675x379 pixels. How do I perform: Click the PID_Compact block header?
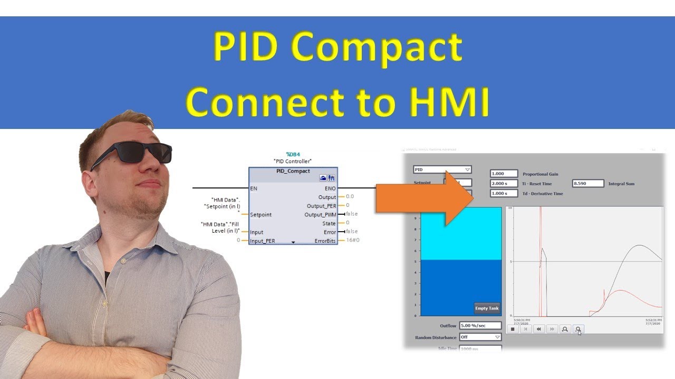pyautogui.click(x=293, y=172)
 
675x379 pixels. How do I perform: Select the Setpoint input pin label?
pyautogui.click(x=261, y=215)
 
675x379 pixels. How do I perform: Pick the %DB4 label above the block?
pyautogui.click(x=293, y=154)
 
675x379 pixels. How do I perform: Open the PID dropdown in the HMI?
pyautogui.click(x=442, y=169)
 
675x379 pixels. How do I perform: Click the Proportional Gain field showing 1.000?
pyautogui.click(x=504, y=174)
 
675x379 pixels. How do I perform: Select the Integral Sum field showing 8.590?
pyautogui.click(x=588, y=184)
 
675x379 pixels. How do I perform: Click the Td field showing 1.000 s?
pyautogui.click(x=504, y=193)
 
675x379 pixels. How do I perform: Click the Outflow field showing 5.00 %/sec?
pyautogui.click(x=480, y=326)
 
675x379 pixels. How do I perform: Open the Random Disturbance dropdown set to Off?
pyautogui.click(x=480, y=337)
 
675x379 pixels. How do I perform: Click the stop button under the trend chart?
pyautogui.click(x=512, y=329)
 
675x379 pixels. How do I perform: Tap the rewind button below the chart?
pyautogui.click(x=538, y=329)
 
